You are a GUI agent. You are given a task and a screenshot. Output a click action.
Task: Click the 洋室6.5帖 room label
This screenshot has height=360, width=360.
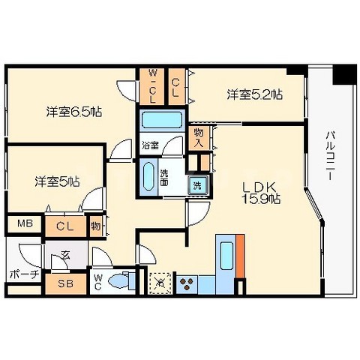[73, 112]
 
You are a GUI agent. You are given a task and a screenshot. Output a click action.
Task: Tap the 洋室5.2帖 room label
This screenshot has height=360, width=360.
[255, 95]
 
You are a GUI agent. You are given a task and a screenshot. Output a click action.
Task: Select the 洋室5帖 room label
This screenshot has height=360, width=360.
[57, 181]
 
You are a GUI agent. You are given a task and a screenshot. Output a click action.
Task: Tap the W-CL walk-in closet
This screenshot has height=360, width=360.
[151, 88]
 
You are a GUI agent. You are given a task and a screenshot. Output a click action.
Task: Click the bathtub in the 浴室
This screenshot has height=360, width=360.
[161, 120]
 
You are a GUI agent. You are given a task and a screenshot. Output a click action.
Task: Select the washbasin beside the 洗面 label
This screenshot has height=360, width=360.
[148, 177]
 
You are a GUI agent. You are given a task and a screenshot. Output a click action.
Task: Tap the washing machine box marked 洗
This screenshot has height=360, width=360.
[197, 185]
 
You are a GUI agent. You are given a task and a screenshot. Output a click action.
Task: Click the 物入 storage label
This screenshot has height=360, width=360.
[199, 136]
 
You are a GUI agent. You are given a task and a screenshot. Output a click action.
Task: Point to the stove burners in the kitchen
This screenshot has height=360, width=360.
[187, 283]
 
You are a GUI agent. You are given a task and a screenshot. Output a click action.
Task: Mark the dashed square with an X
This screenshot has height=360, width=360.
[161, 282]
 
